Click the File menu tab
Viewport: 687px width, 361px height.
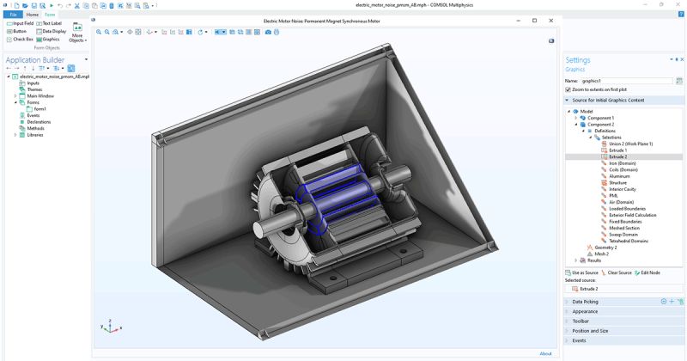point(14,15)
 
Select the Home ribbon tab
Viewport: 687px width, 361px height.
point(33,15)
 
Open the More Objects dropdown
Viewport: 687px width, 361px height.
point(77,35)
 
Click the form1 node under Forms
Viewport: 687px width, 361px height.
point(40,109)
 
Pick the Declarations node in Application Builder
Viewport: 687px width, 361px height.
point(39,122)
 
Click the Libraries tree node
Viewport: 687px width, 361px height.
point(34,135)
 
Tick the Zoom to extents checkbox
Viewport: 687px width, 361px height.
point(568,89)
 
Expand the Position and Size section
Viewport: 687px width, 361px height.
point(590,330)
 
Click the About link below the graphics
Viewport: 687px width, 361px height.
point(545,353)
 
